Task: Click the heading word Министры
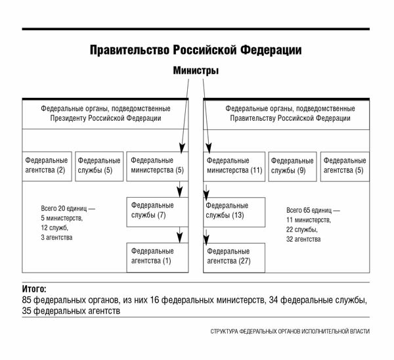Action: [196, 71]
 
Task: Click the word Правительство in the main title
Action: [129, 50]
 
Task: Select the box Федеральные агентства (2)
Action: [47, 166]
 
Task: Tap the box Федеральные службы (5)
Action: [99, 166]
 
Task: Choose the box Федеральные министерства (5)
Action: [158, 166]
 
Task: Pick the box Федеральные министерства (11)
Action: [234, 166]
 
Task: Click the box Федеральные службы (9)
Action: [292, 166]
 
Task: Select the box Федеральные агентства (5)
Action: [345, 166]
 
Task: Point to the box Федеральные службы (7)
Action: [158, 212]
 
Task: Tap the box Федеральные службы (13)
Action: [234, 212]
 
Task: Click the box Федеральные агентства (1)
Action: [158, 258]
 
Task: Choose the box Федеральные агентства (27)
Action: [234, 258]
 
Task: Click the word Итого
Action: [34, 289]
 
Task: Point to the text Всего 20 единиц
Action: [64, 208]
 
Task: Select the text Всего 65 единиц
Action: [309, 210]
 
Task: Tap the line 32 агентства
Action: [303, 239]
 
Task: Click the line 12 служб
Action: [55, 228]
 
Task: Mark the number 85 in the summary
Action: [26, 300]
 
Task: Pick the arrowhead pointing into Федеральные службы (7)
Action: [179, 192]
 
